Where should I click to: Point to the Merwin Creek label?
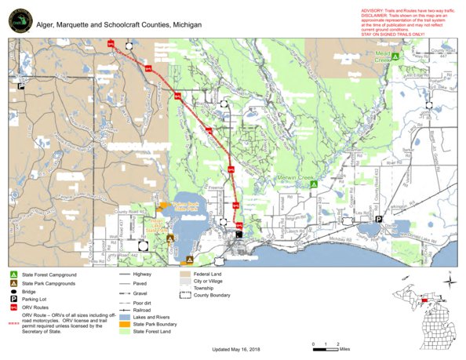[296, 178]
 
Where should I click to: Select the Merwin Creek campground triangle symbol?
[313, 184]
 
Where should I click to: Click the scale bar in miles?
[325, 344]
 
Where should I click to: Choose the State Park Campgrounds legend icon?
[15, 283]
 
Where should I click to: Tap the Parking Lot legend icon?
[15, 300]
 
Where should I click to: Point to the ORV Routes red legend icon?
[15, 308]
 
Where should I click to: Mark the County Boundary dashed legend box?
[185, 295]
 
